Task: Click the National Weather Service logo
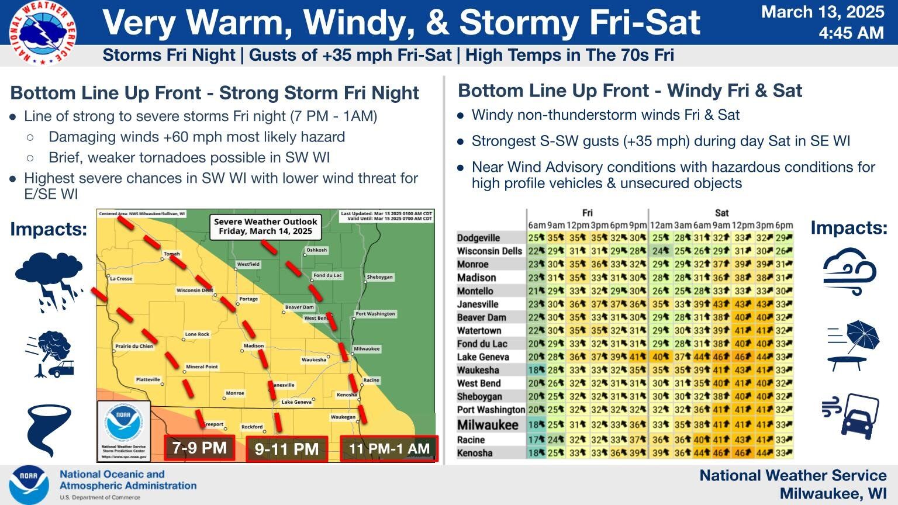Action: click(x=43, y=32)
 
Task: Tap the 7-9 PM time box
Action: click(x=199, y=448)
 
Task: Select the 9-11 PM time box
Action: click(x=286, y=449)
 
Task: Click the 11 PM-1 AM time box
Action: click(x=389, y=449)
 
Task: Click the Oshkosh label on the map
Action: click(x=316, y=250)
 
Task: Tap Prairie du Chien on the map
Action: click(x=134, y=346)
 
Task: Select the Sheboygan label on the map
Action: click(x=379, y=276)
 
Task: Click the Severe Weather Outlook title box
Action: click(x=265, y=226)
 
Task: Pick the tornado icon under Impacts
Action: click(x=49, y=430)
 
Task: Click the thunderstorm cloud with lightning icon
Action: click(x=49, y=281)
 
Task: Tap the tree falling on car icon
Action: click(x=50, y=354)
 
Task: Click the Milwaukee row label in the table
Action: click(x=488, y=425)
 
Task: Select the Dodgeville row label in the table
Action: click(x=478, y=238)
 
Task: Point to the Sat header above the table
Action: click(x=721, y=213)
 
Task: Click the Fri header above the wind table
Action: click(x=587, y=213)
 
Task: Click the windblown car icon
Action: click(x=851, y=414)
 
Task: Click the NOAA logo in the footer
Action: click(x=29, y=485)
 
